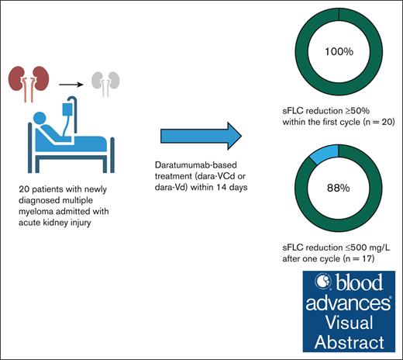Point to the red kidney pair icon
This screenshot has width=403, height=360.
30,80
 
